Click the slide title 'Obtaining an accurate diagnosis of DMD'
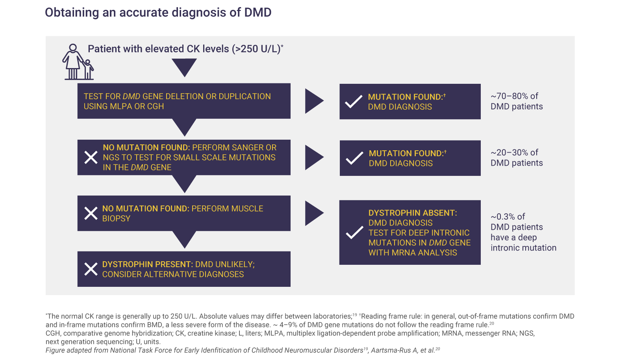(158, 13)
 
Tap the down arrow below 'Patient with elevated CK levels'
(184, 67)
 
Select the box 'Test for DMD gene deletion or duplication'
(184, 101)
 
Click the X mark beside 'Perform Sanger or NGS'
(91, 157)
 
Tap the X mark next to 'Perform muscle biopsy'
(91, 214)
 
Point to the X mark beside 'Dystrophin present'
(91, 270)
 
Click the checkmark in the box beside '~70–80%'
(354, 102)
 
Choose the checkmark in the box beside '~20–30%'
(354, 158)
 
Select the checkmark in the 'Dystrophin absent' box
(354, 233)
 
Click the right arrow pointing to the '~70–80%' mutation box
(314, 101)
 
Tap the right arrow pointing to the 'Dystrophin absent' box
(314, 214)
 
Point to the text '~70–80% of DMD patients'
(516, 102)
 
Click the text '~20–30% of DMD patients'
(516, 158)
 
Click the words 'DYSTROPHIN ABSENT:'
(413, 213)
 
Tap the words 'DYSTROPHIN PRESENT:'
(147, 264)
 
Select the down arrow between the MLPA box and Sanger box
(184, 127)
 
